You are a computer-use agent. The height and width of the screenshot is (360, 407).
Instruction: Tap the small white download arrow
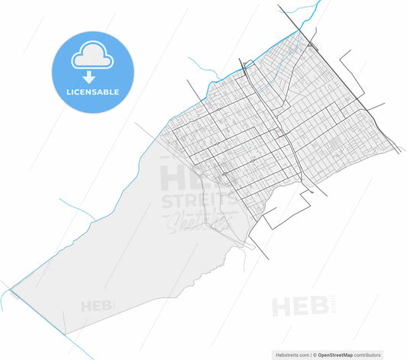click(89, 77)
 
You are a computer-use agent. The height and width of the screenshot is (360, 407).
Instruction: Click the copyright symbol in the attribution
click(315, 355)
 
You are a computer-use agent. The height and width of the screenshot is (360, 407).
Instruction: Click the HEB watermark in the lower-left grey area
click(97, 307)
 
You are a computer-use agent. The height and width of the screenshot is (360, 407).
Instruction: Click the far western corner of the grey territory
click(10, 287)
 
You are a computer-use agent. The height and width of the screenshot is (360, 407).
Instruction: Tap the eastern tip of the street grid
click(397, 148)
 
